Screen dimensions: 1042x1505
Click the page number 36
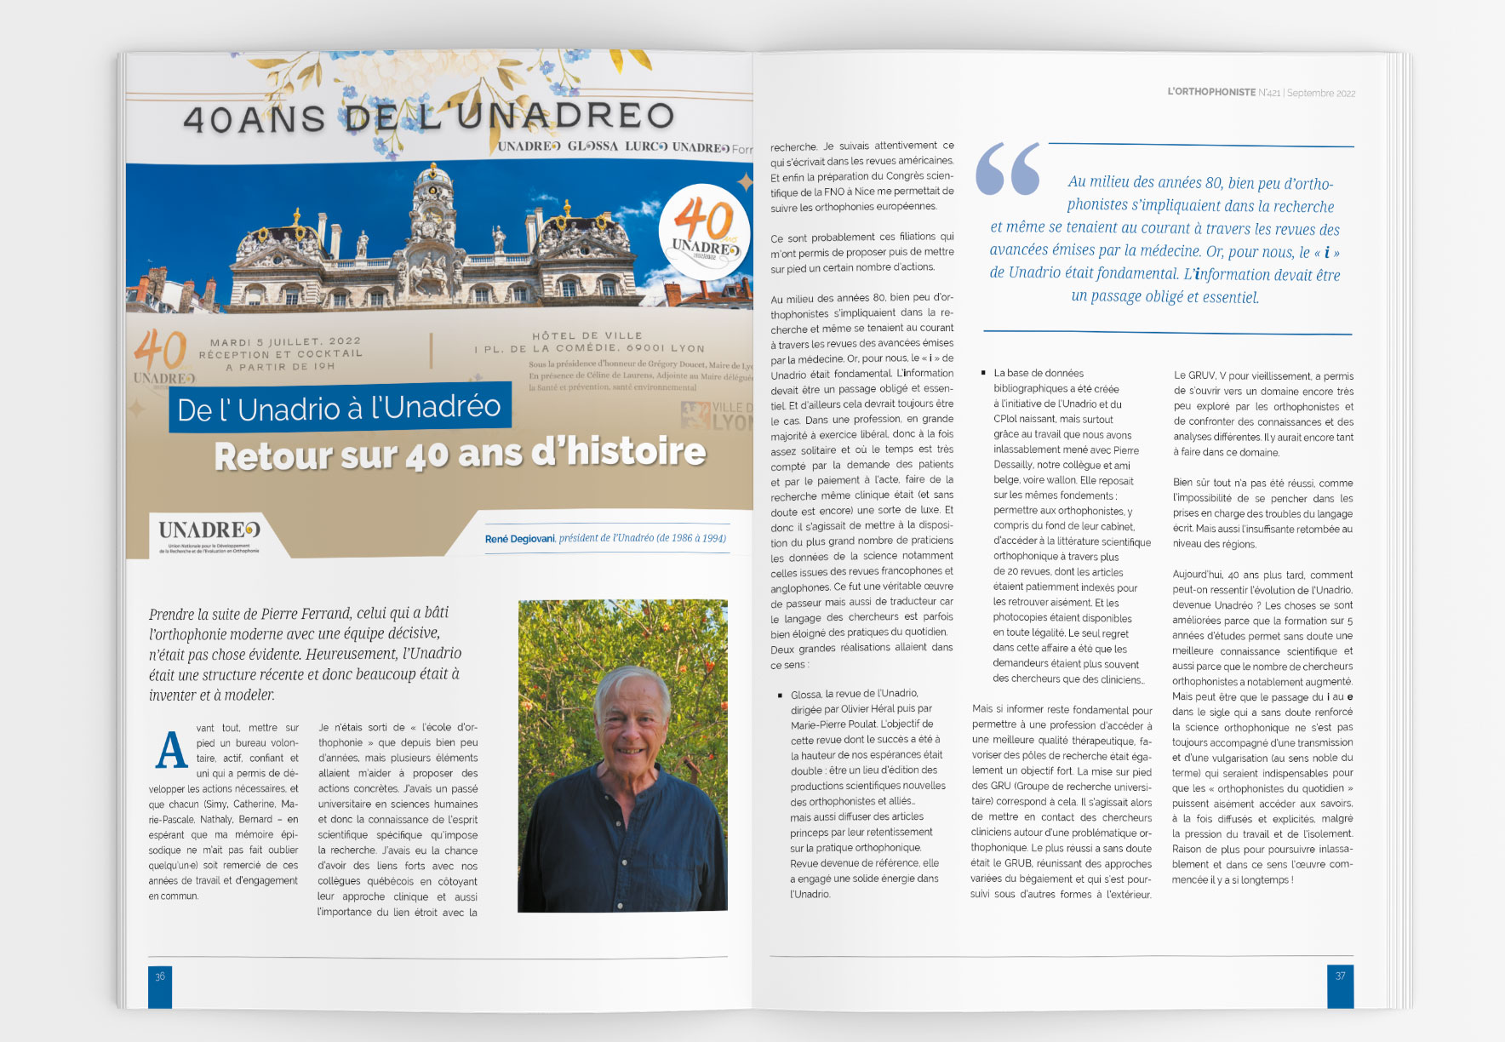pos(160,976)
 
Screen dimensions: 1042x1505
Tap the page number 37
pos(1340,976)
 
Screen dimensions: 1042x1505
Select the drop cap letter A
pos(171,750)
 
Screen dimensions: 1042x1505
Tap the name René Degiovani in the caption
pos(519,539)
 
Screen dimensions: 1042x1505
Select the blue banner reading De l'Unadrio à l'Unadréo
pos(339,409)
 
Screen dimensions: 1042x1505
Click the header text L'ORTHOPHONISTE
pos(1211,92)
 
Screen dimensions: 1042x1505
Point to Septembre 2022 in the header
pos(1321,93)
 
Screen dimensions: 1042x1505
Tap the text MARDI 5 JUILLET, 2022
pos(285,341)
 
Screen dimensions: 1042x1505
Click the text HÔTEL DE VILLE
pos(587,335)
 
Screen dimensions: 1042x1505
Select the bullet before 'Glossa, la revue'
pos(780,696)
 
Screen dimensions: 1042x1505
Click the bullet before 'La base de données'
pos(983,373)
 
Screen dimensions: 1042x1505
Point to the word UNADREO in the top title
pos(565,117)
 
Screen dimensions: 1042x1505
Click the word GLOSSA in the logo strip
pos(592,146)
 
